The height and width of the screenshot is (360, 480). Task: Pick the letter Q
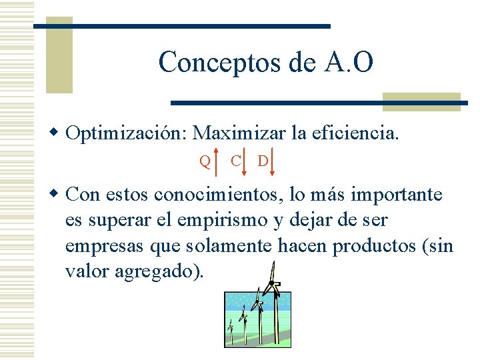205,161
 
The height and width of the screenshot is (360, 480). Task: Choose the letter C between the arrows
235,160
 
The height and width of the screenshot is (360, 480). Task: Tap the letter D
263,161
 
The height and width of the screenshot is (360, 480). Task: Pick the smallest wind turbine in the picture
231,329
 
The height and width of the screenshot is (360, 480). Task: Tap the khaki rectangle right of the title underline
421,102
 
